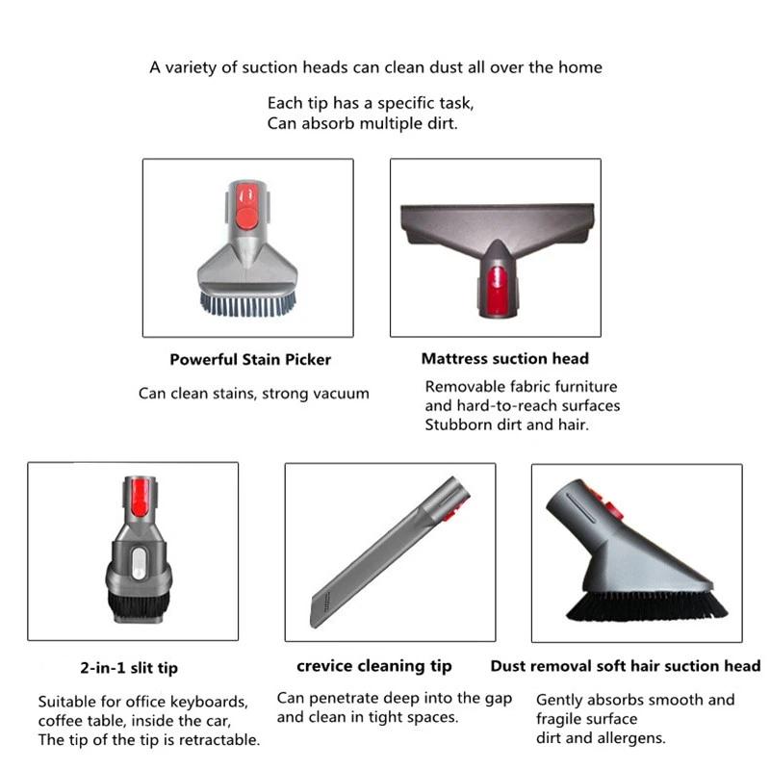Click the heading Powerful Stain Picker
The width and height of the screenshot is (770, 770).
[250, 359]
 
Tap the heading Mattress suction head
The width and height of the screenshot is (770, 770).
[504, 358]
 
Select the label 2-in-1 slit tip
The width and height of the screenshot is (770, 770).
[128, 667]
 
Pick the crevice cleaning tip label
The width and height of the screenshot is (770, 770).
[374, 666]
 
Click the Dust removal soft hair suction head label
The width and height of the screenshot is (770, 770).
[626, 666]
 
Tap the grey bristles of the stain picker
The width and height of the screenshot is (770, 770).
[247, 303]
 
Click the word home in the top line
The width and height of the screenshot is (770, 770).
[582, 67]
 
